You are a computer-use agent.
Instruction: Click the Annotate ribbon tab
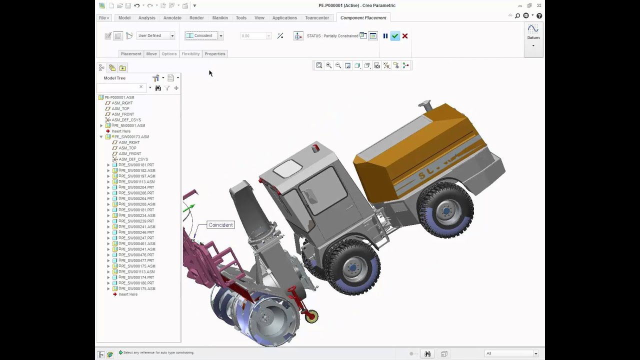pos(172,18)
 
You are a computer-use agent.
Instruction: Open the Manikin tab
pos(220,18)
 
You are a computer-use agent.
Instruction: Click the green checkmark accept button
pos(395,36)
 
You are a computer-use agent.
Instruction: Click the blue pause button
pos(385,36)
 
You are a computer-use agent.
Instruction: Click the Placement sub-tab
pos(131,54)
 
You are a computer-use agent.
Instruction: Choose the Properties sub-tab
pos(215,54)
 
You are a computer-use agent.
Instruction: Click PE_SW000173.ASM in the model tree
pos(132,136)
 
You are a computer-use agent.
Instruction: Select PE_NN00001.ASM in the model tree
pos(130,125)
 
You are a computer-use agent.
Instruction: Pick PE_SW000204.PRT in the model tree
pos(136,187)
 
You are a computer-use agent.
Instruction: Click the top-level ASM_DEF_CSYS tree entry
pos(126,120)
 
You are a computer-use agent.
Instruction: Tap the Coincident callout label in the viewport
pos(220,225)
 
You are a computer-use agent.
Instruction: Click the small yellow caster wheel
pos(312,316)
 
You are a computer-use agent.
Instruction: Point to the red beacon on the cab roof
pos(315,148)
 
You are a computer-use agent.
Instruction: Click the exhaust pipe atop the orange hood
pos(426,106)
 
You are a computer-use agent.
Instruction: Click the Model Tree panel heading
pos(114,78)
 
